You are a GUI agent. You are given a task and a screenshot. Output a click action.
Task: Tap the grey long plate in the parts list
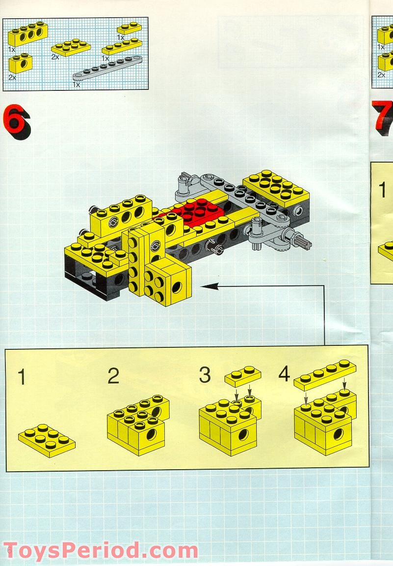coord(106,68)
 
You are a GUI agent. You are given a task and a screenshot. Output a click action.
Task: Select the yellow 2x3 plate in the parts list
coord(71,48)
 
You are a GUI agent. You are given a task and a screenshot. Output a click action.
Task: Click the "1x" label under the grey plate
coord(76,85)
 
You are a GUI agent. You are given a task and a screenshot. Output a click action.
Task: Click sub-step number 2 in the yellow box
coord(113,376)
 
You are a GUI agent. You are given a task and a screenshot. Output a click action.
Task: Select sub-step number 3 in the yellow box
coord(205,375)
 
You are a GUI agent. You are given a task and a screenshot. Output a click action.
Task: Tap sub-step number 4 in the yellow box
coord(284,374)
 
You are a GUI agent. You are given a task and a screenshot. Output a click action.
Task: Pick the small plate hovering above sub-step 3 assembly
coord(243,376)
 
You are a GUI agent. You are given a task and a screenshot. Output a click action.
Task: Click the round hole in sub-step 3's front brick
coord(242,434)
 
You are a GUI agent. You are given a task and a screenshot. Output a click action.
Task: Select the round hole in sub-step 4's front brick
coord(338,434)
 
